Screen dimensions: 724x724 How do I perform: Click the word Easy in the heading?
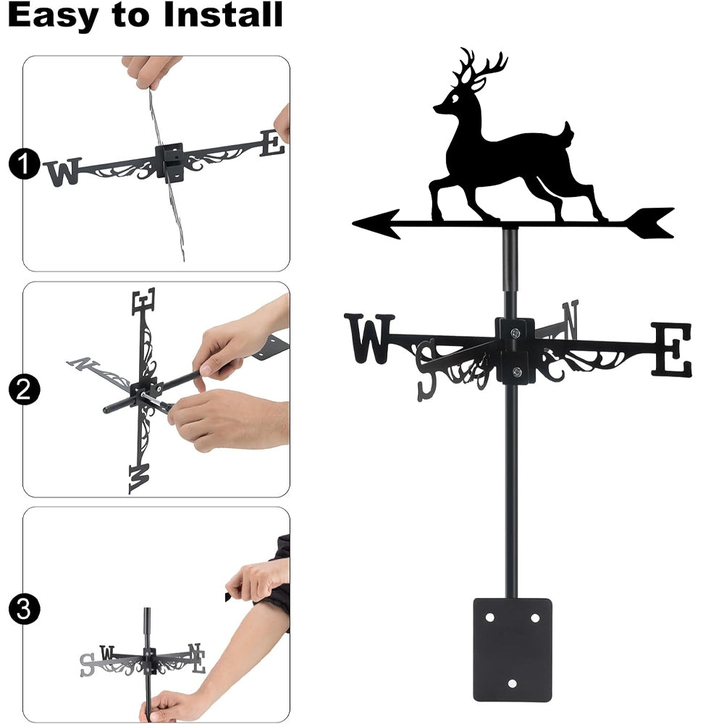point(51,14)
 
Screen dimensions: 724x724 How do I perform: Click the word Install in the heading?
point(223,14)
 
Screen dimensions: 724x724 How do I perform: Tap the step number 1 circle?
point(24,164)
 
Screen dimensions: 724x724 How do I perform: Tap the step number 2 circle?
point(24,390)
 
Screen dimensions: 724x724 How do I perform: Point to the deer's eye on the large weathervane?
point(455,98)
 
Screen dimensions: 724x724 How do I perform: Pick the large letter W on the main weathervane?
point(369,338)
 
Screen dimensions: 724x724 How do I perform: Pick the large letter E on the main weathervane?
point(671,350)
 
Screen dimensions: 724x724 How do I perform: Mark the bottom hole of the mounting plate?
point(512,683)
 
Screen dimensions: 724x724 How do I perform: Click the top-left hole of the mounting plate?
point(490,618)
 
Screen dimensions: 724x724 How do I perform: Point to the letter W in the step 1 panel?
point(63,172)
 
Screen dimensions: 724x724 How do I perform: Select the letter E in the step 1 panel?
point(272,143)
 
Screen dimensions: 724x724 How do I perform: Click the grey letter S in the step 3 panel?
point(87,665)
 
